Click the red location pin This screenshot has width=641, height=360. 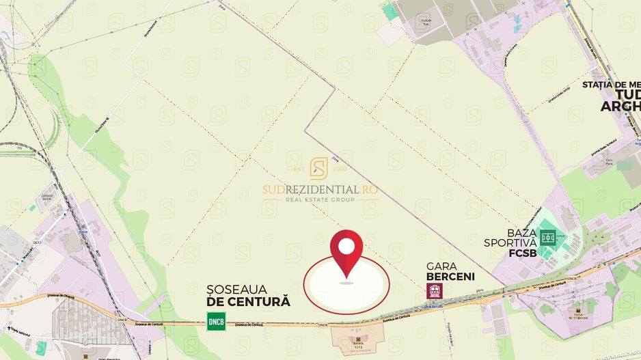(x=346, y=252)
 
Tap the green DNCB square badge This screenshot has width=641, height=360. (x=217, y=321)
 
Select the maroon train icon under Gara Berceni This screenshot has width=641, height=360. (x=434, y=291)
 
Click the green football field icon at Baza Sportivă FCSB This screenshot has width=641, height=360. (x=547, y=238)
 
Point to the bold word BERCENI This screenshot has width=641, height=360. (x=450, y=277)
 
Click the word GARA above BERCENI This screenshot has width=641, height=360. (x=441, y=266)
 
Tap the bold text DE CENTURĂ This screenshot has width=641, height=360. (x=248, y=301)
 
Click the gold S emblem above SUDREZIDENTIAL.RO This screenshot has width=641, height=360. (x=319, y=169)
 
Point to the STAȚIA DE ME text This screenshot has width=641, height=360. (x=611, y=84)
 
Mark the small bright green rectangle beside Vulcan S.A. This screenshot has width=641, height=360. (x=390, y=12)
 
